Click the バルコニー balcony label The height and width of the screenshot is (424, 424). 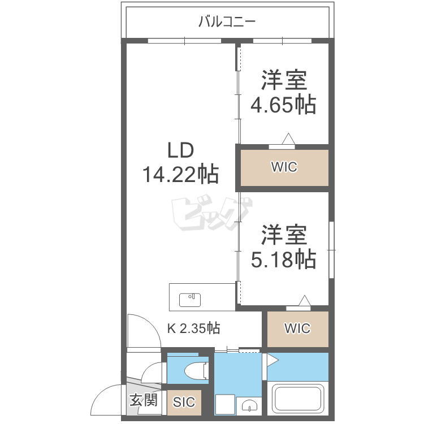[227, 21]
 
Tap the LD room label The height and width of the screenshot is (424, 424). [181, 150]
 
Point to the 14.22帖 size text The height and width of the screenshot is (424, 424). [181, 174]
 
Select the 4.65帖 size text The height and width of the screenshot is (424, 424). [283, 105]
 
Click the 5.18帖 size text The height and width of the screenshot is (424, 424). [283, 259]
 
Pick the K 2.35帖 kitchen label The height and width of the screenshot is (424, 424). [193, 328]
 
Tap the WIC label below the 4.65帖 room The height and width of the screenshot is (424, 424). [284, 167]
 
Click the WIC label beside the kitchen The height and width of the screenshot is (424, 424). [297, 328]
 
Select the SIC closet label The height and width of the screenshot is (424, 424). [184, 402]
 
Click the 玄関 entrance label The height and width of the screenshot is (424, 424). [144, 400]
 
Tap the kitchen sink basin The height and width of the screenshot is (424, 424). [190, 300]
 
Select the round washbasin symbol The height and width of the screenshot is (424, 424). [249, 405]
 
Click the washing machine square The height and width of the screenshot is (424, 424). [225, 404]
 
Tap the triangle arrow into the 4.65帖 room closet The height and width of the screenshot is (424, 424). [288, 139]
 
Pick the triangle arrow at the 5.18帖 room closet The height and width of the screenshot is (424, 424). [305, 300]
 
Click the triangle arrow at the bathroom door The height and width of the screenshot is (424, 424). [272, 360]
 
